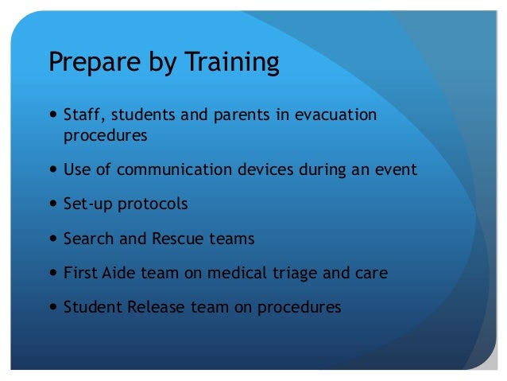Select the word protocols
153,204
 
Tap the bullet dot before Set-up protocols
52,204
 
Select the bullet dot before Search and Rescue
52,239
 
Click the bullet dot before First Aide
52,274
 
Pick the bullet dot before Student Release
52,308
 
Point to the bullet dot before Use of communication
52,170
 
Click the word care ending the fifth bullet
371,274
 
